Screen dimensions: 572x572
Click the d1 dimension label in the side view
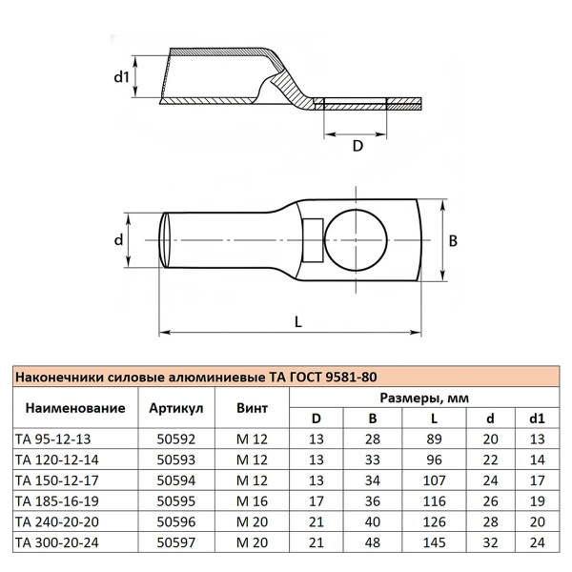(120, 75)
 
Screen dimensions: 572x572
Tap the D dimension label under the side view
(357, 146)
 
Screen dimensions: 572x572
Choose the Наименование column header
(75, 408)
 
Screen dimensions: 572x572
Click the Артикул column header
(177, 408)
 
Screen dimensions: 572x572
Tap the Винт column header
(252, 408)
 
